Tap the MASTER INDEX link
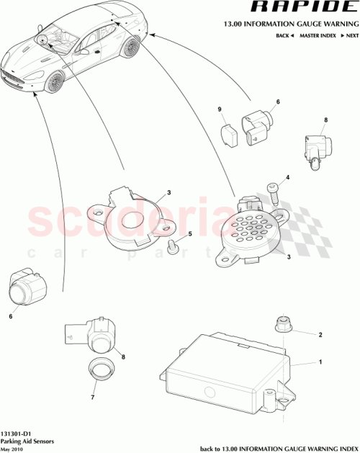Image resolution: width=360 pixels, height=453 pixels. [x=316, y=35]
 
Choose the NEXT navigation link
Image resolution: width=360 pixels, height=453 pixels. [x=351, y=35]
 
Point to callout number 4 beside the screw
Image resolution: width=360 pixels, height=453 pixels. [x=288, y=176]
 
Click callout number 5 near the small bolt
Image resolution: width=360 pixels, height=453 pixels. [x=190, y=235]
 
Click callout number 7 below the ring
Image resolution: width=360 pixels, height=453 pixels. [x=91, y=395]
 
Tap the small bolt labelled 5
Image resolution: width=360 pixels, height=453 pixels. [x=172, y=247]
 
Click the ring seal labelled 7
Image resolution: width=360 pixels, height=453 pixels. [x=100, y=371]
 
